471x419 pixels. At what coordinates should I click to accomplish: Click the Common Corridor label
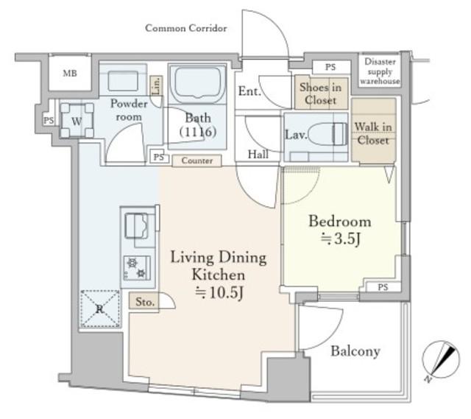(x=186, y=28)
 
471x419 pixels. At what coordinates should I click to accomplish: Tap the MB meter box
(x=70, y=73)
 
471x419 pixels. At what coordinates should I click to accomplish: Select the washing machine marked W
(x=77, y=120)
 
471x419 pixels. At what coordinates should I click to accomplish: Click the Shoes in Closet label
(x=321, y=94)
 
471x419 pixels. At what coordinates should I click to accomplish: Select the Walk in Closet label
(x=373, y=133)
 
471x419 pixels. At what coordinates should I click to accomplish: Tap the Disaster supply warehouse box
(x=380, y=71)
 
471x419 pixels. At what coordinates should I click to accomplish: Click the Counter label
(x=196, y=161)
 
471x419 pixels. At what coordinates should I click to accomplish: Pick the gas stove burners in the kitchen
(x=137, y=268)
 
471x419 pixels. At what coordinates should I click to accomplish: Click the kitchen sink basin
(x=136, y=226)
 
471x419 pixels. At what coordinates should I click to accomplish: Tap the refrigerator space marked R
(x=100, y=309)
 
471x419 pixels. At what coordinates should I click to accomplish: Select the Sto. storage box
(x=144, y=301)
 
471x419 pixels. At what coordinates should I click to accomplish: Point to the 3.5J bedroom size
(x=340, y=239)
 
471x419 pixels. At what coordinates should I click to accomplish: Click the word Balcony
(x=355, y=351)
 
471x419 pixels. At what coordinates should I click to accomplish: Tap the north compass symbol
(x=440, y=361)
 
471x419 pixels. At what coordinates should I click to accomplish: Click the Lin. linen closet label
(x=156, y=85)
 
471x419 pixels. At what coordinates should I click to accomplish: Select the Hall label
(x=258, y=155)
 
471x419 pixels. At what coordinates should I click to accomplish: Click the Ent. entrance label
(x=249, y=91)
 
